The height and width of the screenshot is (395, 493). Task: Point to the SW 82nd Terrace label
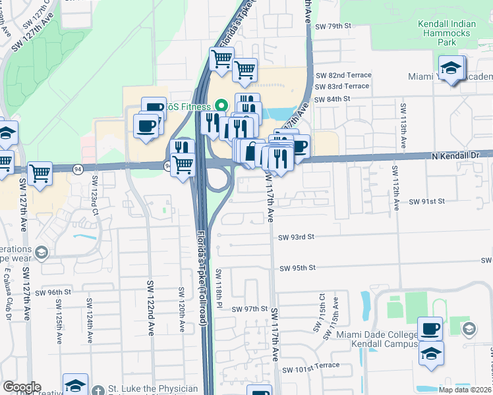pyautogui.click(x=342, y=76)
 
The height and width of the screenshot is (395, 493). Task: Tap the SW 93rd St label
pyautogui.click(x=297, y=237)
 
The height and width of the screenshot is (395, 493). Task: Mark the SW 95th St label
pyautogui.click(x=297, y=268)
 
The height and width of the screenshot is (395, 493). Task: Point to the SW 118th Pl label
pyautogui.click(x=219, y=290)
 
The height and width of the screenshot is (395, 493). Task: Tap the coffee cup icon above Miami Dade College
pyautogui.click(x=430, y=329)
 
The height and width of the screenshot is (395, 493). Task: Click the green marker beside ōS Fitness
pyautogui.click(x=221, y=106)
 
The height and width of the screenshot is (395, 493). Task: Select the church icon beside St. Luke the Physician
pyautogui.click(x=98, y=389)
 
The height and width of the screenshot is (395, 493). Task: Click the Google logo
pyautogui.click(x=21, y=388)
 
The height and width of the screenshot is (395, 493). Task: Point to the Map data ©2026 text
pyautogui.click(x=465, y=390)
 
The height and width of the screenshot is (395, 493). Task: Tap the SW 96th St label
pyautogui.click(x=53, y=292)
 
